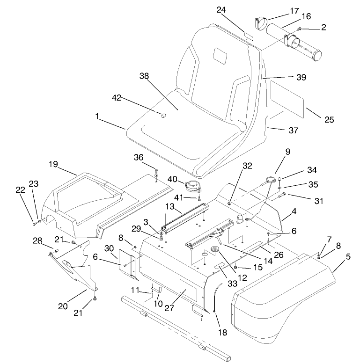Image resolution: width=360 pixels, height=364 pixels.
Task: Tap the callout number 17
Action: click(x=281, y=10)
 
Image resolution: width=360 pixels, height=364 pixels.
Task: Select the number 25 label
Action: click(x=329, y=119)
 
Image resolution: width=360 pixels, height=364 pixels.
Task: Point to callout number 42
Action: click(x=117, y=98)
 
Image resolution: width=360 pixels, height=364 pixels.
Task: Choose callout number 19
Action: click(x=52, y=164)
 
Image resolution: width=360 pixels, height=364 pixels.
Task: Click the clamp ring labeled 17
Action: click(x=262, y=22)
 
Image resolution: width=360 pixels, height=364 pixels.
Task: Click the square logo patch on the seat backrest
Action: click(x=219, y=54)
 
